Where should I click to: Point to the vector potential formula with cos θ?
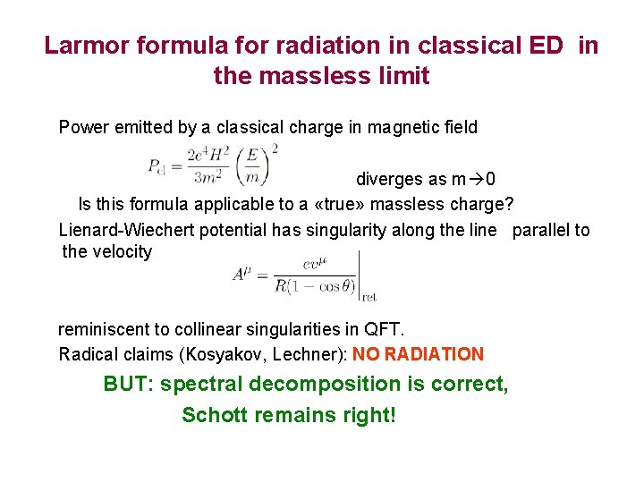295,275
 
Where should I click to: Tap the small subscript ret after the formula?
369,296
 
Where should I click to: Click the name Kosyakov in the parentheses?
217,354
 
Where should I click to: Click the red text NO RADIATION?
418,354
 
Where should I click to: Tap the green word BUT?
130,385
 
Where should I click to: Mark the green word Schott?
214,415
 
